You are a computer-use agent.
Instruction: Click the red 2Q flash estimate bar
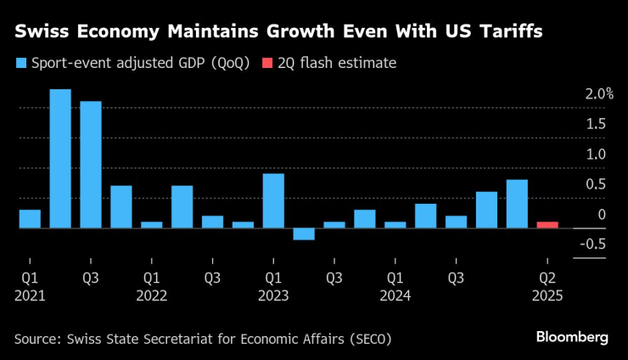tap(547, 225)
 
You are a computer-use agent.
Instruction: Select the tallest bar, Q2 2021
tap(60, 159)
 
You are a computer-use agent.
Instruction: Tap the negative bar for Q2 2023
tap(304, 234)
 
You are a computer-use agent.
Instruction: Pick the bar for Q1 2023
tap(273, 201)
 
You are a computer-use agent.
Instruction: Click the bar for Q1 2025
tap(517, 204)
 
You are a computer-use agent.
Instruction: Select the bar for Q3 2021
tap(91, 165)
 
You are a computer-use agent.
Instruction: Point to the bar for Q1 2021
tap(30, 219)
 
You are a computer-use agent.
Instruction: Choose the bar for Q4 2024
tap(486, 211)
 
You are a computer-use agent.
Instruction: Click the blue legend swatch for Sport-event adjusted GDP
tap(20, 63)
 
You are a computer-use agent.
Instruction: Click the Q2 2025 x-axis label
tap(547, 277)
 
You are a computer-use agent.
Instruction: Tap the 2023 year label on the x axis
tap(273, 295)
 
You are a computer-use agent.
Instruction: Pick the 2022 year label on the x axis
tap(151, 295)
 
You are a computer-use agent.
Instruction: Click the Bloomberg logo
tap(572, 338)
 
